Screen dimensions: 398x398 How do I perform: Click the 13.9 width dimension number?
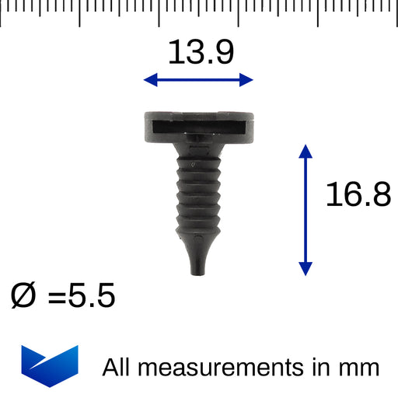pyautogui.click(x=201, y=52)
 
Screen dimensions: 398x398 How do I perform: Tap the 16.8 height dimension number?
pyautogui.click(x=358, y=194)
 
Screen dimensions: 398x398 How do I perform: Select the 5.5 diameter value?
pyautogui.click(x=92, y=295)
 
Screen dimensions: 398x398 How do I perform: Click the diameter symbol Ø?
pyautogui.click(x=23, y=295)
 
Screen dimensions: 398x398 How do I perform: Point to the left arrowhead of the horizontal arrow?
pyautogui.click(x=151, y=79)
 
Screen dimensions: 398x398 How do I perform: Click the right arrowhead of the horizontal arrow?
pyautogui.click(x=246, y=79)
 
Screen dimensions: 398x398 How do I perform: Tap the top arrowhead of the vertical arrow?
pyautogui.click(x=305, y=152)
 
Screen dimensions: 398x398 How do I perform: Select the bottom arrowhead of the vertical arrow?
pyautogui.click(x=305, y=269)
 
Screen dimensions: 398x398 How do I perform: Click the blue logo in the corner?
pyautogui.click(x=50, y=366)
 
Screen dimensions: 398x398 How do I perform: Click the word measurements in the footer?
pyautogui.click(x=221, y=368)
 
